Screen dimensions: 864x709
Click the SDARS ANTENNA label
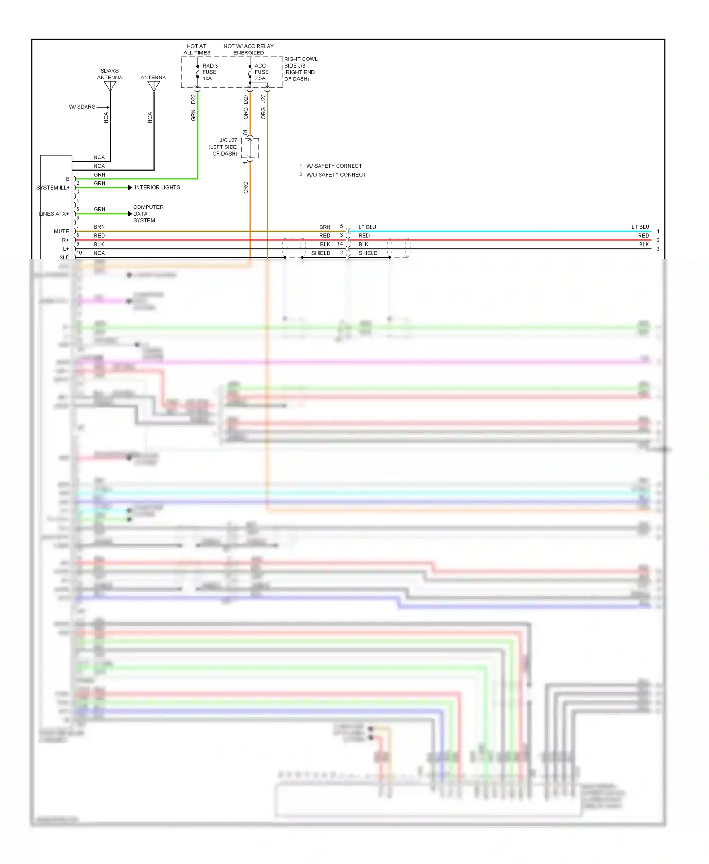coord(110,74)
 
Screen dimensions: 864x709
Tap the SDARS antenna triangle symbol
coord(110,86)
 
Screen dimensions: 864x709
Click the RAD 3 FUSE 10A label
coord(209,72)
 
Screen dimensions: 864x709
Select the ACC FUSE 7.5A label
coord(261,72)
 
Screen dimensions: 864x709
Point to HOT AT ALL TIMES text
coord(197,50)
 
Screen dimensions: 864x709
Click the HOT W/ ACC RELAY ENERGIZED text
coord(249,50)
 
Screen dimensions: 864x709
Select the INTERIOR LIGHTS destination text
coord(157,188)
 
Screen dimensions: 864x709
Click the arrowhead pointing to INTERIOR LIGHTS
coord(130,188)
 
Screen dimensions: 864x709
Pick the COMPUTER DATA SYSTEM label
coord(147,214)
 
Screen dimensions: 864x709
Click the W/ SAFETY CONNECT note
coord(334,166)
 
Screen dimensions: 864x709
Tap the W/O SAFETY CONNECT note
coord(336,175)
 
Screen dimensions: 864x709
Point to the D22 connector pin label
coord(193,99)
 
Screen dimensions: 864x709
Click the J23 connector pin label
coord(263,99)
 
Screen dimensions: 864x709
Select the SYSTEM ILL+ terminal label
coord(53,188)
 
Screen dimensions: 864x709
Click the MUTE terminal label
coord(61,231)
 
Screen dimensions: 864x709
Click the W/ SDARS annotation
coord(82,107)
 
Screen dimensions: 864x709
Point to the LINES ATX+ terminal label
coord(54,214)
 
